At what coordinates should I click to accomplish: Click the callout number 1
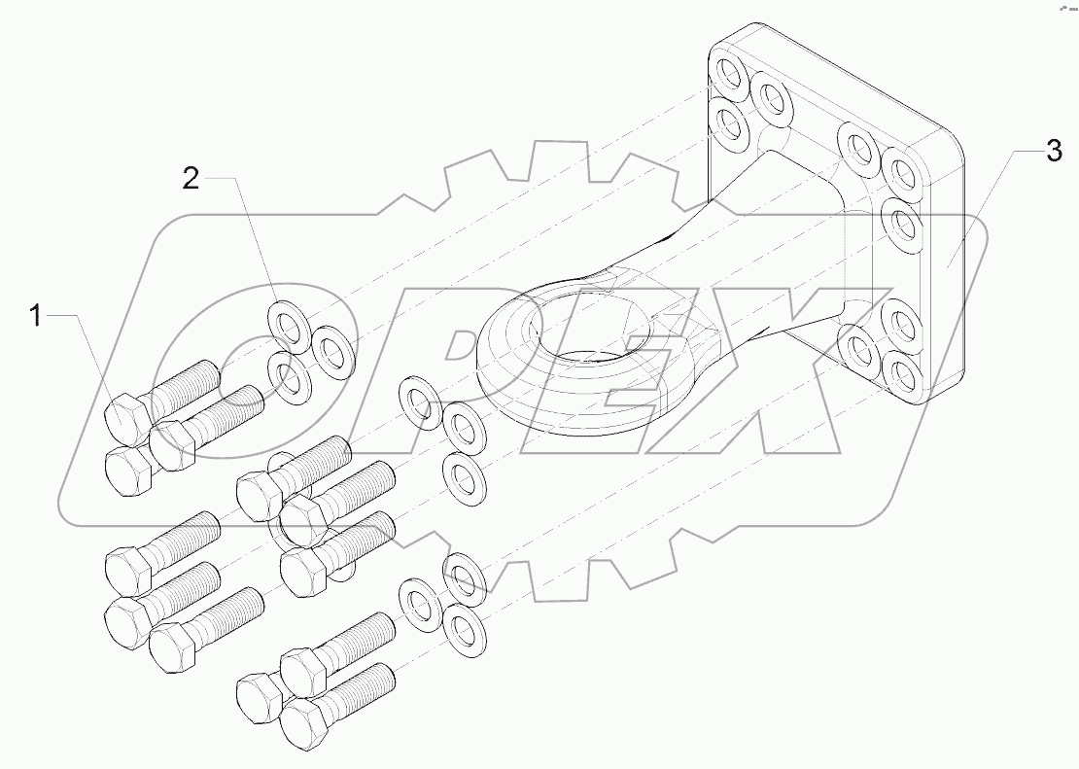(x=36, y=316)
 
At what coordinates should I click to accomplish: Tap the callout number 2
(x=191, y=177)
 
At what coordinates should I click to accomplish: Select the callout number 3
(x=1054, y=151)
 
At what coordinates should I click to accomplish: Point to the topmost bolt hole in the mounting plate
(x=728, y=77)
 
